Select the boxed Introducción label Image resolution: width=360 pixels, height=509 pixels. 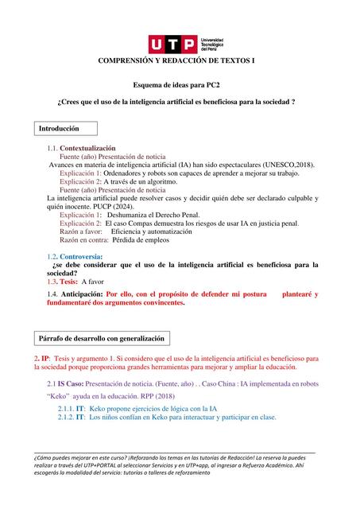pyautogui.click(x=68, y=128)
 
